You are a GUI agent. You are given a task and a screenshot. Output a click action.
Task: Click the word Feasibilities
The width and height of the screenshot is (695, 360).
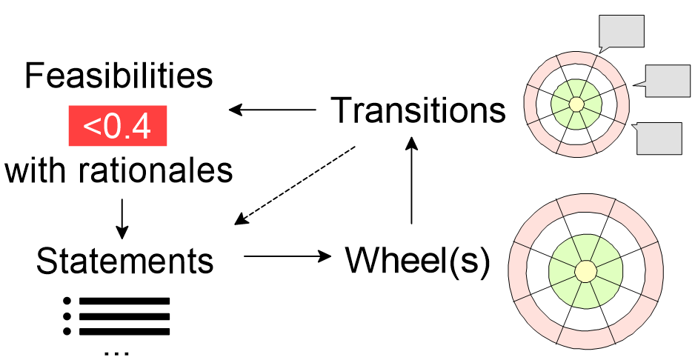pyautogui.click(x=119, y=76)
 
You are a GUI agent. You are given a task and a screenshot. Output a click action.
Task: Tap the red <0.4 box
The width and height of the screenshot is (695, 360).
pyautogui.click(x=118, y=125)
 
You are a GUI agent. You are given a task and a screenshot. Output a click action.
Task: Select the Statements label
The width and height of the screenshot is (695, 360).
pyautogui.click(x=125, y=260)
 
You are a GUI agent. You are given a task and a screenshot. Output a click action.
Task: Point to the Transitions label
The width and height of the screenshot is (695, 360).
pyautogui.click(x=419, y=110)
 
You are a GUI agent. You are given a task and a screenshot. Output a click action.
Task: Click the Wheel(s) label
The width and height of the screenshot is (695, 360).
pyautogui.click(x=418, y=261)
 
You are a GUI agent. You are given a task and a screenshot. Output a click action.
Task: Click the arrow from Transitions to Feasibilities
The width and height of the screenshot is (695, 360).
pyautogui.click(x=272, y=110)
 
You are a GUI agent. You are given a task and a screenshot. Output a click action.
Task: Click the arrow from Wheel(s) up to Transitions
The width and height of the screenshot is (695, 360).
pyautogui.click(x=410, y=181)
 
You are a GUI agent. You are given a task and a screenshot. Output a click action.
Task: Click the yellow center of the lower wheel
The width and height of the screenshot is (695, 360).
pyautogui.click(x=585, y=270)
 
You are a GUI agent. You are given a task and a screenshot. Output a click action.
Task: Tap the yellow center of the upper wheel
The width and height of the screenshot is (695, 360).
pyautogui.click(x=576, y=105)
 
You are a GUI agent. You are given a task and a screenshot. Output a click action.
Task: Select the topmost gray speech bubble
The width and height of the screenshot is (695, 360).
pyautogui.click(x=621, y=32)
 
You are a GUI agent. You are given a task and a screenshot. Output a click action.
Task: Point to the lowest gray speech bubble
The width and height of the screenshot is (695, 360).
pyautogui.click(x=659, y=138)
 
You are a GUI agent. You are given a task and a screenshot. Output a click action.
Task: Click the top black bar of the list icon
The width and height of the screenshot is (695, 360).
pyautogui.click(x=124, y=301)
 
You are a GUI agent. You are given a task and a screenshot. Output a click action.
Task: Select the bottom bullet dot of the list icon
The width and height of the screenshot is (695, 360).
pyautogui.click(x=67, y=330)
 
